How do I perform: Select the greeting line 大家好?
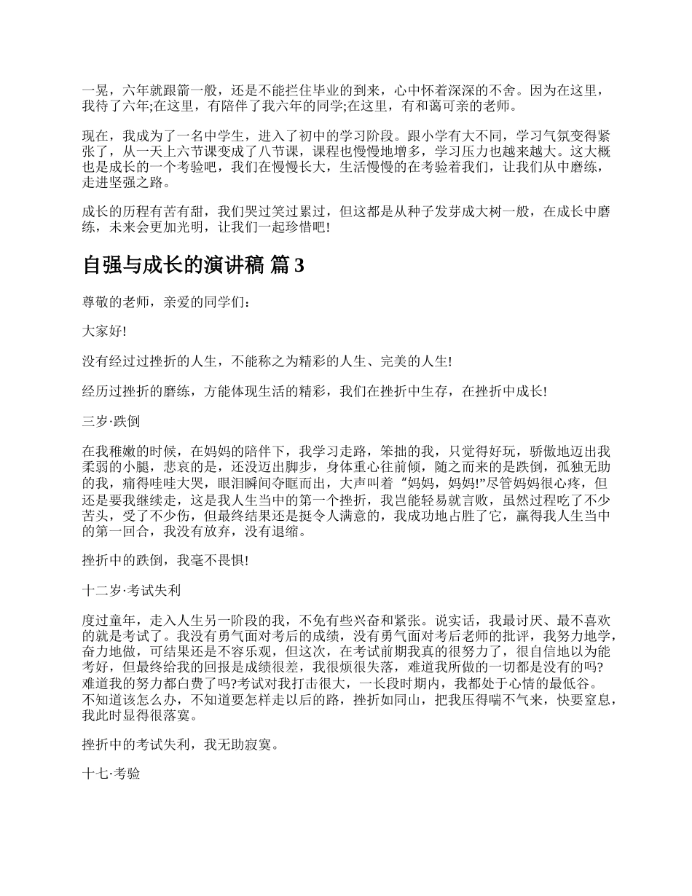(104, 331)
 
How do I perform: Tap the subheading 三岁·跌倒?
(111, 421)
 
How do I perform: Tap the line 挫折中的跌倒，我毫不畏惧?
(166, 559)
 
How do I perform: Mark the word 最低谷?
(572, 685)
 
